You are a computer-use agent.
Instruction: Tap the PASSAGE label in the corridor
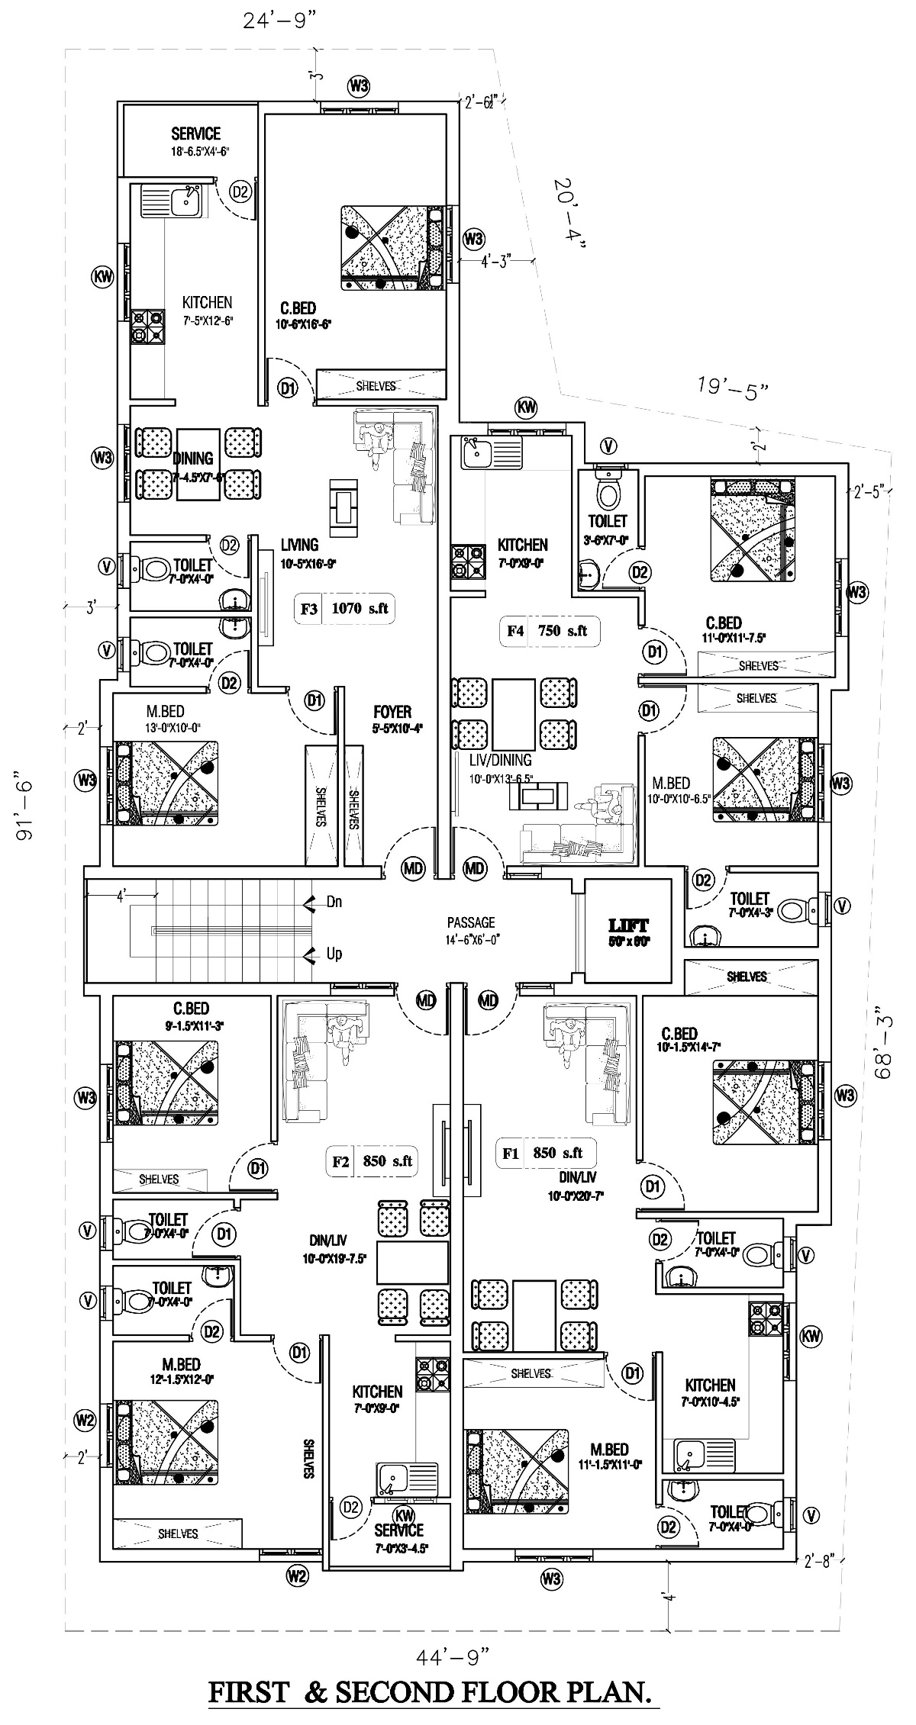coord(471,922)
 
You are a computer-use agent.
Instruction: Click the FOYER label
coord(392,712)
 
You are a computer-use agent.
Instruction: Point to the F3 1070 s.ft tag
coord(344,609)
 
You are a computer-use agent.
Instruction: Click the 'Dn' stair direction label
coord(334,902)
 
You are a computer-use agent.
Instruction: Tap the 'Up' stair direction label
coord(334,954)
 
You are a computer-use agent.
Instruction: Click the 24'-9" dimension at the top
coord(280,21)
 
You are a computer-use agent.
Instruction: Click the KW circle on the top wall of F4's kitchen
coord(526,407)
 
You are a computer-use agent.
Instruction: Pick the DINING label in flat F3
coord(192,459)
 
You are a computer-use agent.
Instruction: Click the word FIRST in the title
coord(251,1687)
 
